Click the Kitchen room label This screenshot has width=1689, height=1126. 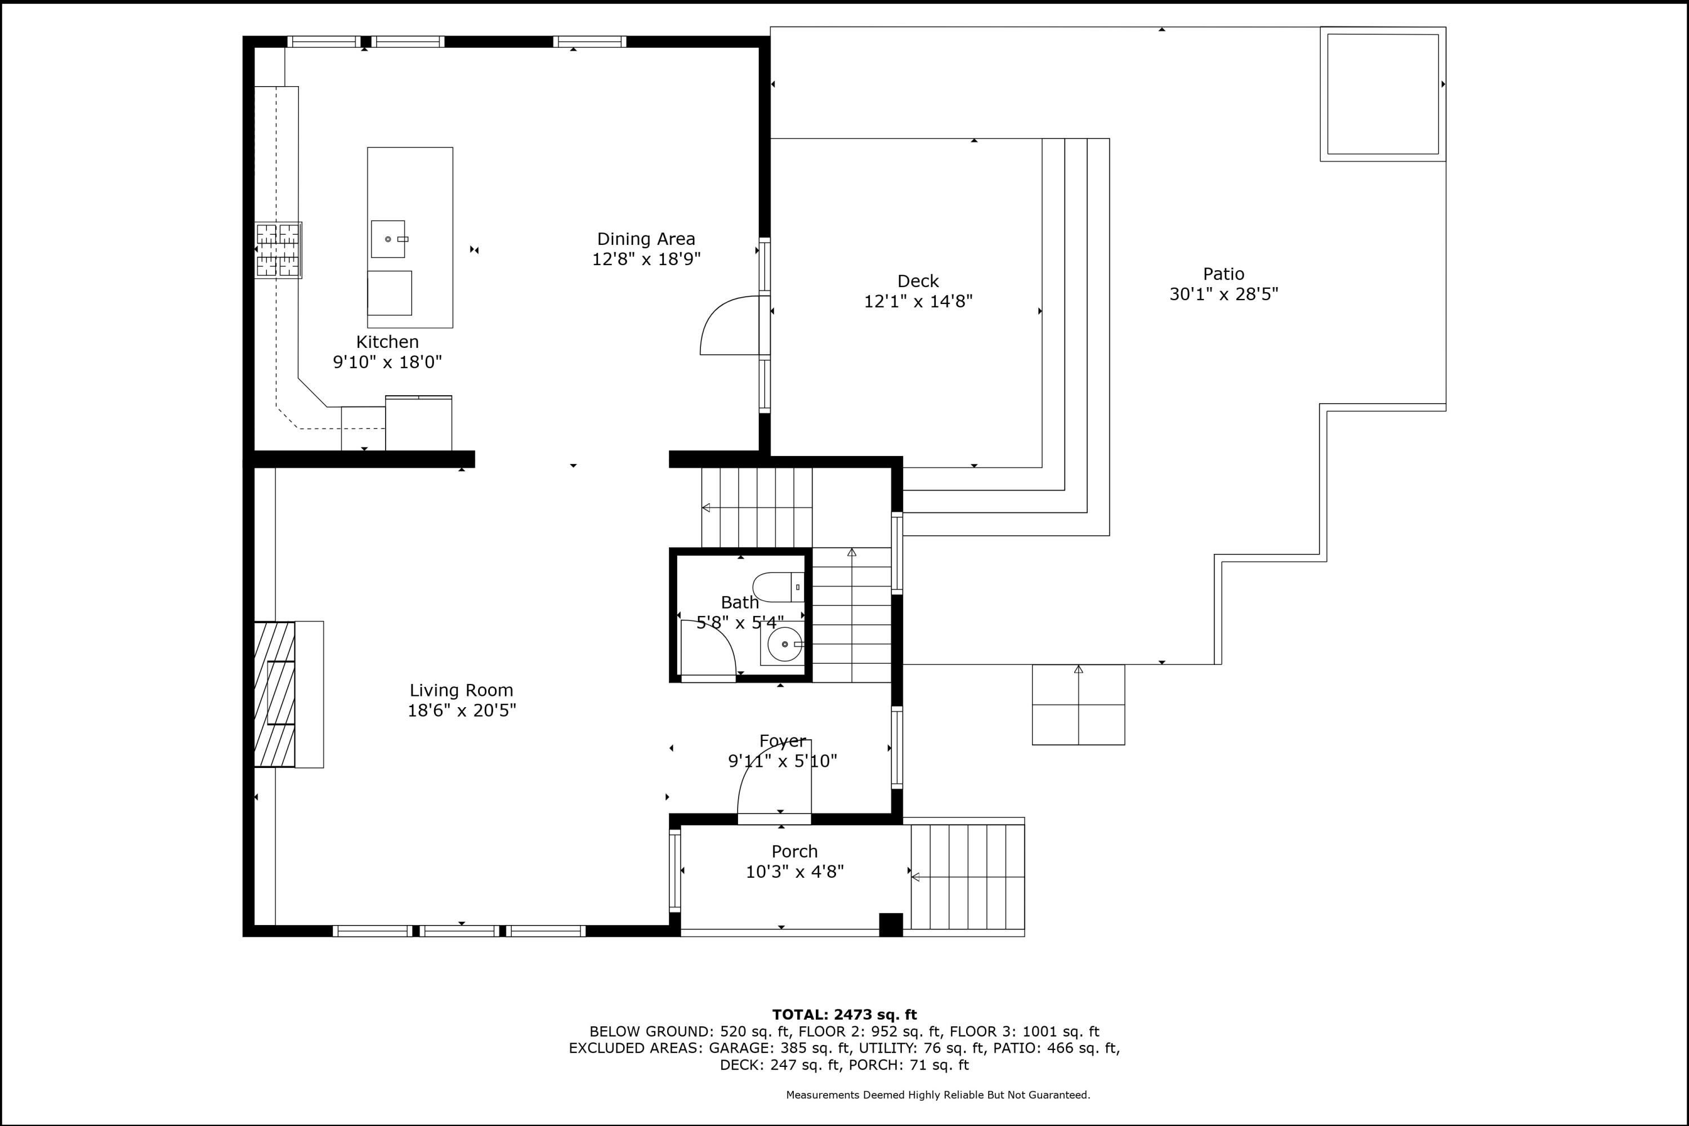click(387, 342)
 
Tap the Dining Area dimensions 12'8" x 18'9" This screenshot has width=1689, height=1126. click(646, 259)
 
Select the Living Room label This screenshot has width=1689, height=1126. click(462, 690)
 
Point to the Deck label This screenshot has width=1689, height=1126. click(918, 281)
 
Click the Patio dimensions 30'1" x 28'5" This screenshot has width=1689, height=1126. click(1223, 294)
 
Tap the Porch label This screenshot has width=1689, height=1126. click(794, 852)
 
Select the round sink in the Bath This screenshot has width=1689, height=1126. click(784, 644)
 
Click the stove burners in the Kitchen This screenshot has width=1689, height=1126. click(278, 250)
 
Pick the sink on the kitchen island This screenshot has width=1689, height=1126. click(388, 239)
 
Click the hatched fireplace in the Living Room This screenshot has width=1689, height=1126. click(274, 694)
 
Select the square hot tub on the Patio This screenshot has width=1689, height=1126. click(1383, 94)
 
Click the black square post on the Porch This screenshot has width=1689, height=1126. click(891, 925)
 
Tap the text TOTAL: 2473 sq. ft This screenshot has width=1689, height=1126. click(844, 1015)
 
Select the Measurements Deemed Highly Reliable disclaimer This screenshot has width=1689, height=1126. click(938, 1095)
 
